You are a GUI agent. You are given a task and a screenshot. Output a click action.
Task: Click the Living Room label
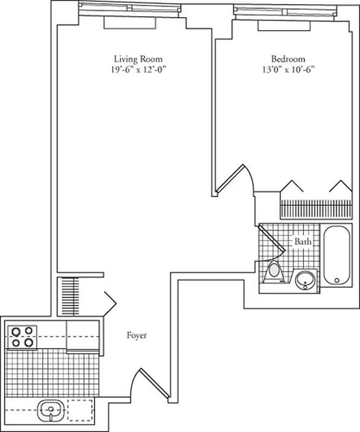pos(138,59)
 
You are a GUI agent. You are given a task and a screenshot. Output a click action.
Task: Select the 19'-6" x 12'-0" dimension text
pos(138,69)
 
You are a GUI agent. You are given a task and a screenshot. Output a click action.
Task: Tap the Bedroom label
pos(288,59)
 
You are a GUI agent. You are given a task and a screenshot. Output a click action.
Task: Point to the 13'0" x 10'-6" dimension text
pos(288,69)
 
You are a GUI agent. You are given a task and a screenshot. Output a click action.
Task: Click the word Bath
pos(302,242)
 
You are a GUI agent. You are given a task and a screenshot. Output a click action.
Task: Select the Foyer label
pos(137,335)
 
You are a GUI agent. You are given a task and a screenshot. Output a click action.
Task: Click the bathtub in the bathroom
pos(336,255)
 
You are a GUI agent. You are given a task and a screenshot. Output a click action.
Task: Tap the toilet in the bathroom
pos(275,271)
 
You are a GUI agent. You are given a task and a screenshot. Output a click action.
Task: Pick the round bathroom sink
pos(306,280)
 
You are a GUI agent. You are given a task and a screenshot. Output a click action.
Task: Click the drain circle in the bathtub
pos(336,280)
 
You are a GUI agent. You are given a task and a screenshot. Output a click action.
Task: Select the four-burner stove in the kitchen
pos(21,336)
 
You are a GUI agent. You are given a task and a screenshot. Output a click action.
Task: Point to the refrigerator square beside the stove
pos(83,336)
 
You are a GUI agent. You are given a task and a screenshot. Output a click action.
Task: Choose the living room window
pos(130,8)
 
